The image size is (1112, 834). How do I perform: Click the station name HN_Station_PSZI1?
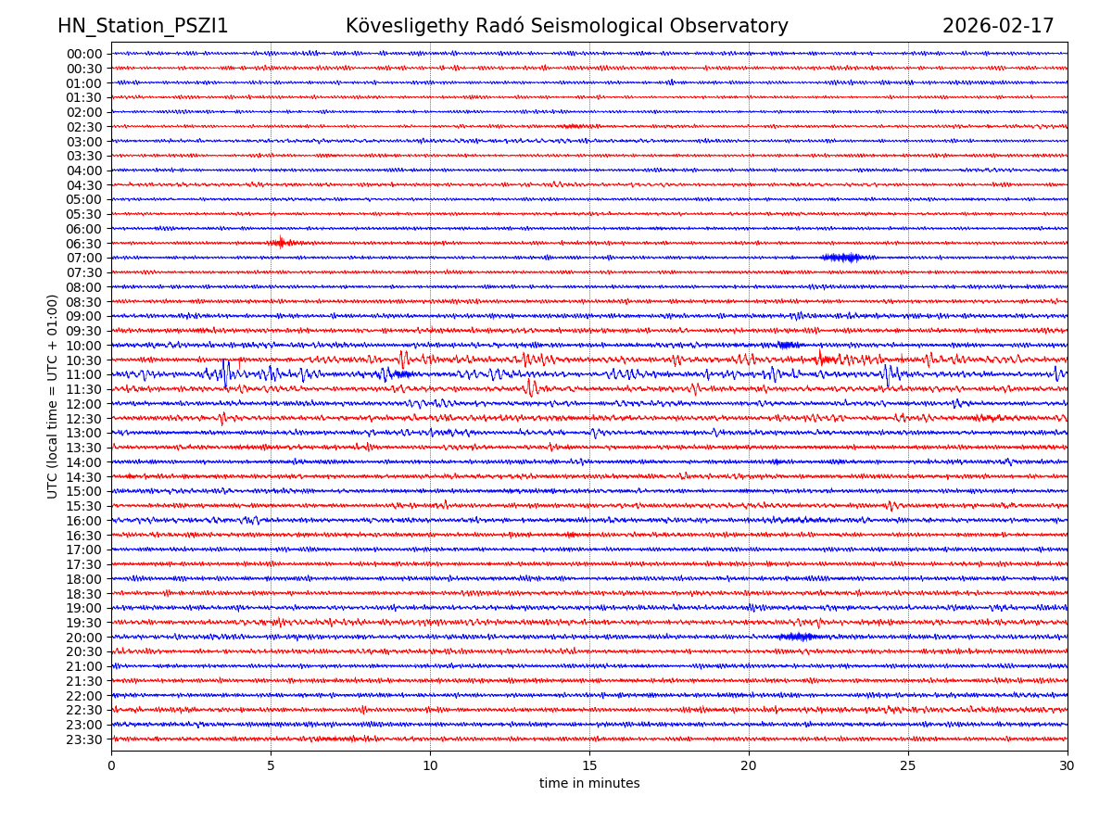click(x=143, y=27)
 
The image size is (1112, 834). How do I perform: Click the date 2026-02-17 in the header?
click(x=998, y=27)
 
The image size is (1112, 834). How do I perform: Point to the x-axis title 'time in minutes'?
click(x=589, y=784)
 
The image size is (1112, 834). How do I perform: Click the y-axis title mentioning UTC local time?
click(x=53, y=396)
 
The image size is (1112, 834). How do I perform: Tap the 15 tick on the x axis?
click(x=589, y=766)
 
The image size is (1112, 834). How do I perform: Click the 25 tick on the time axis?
click(x=908, y=766)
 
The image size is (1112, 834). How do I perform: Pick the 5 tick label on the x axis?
click(x=271, y=766)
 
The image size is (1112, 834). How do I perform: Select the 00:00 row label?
click(x=84, y=54)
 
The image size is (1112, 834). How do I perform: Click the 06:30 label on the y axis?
click(x=84, y=244)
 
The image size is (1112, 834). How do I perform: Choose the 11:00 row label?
click(x=84, y=375)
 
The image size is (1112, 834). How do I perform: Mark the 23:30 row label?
click(x=84, y=739)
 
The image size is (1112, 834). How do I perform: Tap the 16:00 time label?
click(x=84, y=521)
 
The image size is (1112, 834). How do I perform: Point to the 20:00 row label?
click(x=84, y=638)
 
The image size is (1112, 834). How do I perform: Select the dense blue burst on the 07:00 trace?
click(x=841, y=258)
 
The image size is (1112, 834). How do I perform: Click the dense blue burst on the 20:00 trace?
click(x=796, y=637)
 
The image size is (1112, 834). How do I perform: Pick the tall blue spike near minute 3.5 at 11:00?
click(x=225, y=373)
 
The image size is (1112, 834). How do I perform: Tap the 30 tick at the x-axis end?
click(x=1068, y=766)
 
